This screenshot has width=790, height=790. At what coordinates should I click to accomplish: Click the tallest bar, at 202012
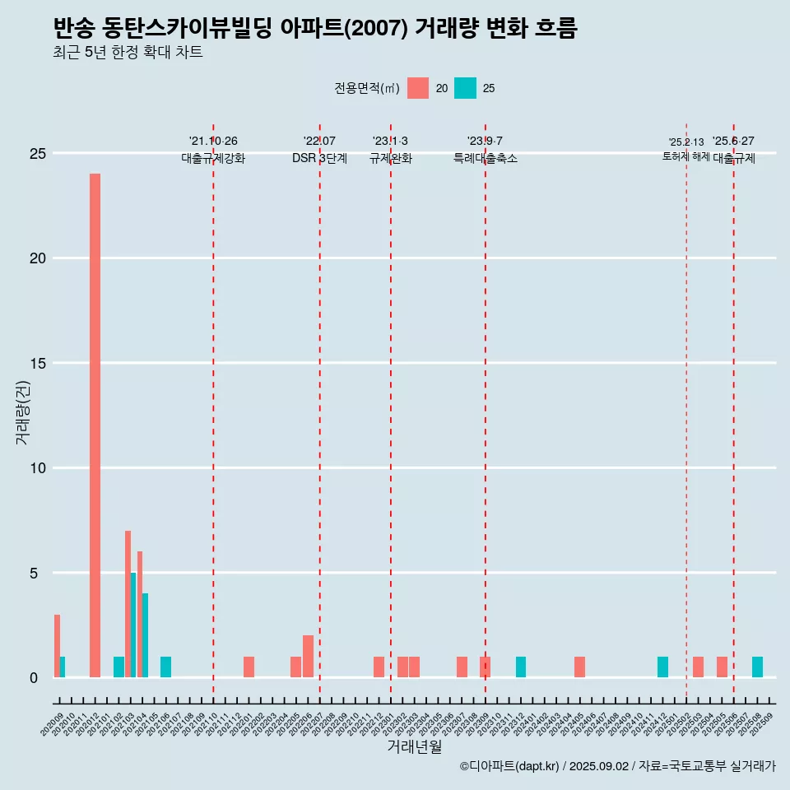point(95,425)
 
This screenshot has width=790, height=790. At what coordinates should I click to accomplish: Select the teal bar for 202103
point(133,625)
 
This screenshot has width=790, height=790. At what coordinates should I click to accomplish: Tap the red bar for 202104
point(140,614)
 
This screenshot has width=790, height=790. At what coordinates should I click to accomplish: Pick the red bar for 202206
point(308,656)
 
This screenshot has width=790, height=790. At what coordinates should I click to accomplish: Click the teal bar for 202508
point(757,667)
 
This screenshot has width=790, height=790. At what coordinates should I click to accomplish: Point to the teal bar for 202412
point(662,667)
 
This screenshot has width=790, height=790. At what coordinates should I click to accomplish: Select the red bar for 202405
point(579,667)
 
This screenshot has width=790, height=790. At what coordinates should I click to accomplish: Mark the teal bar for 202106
point(165,667)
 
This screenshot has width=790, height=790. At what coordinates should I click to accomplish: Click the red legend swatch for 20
point(418,88)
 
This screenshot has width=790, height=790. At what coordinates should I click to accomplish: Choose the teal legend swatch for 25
point(465,88)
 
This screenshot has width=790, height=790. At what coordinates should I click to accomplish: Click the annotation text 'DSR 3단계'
point(319,159)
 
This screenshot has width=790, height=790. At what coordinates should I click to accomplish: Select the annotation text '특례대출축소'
point(485,159)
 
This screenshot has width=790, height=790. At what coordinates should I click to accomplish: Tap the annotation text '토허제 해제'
point(685,156)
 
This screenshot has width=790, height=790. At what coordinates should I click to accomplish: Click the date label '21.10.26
point(213,142)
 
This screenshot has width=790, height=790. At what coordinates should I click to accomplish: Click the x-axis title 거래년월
point(414,747)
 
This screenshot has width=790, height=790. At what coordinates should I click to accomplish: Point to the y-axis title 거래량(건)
point(22,411)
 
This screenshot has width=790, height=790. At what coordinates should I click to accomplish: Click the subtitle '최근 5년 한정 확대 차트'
point(128,53)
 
